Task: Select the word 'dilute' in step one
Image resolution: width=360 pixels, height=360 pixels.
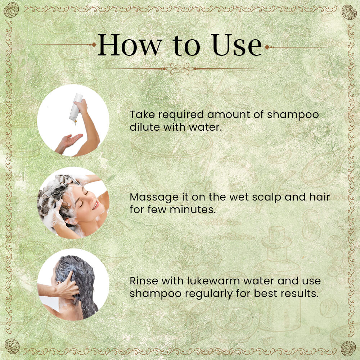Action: (145, 127)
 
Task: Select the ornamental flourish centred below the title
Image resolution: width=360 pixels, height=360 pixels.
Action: (180, 69)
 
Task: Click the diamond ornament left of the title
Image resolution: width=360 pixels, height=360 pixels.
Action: (94, 45)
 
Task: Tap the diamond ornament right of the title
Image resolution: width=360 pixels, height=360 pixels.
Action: (267, 47)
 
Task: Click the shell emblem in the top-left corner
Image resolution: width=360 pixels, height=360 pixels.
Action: (11, 10)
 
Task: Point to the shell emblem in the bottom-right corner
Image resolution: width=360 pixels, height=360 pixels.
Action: (348, 348)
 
